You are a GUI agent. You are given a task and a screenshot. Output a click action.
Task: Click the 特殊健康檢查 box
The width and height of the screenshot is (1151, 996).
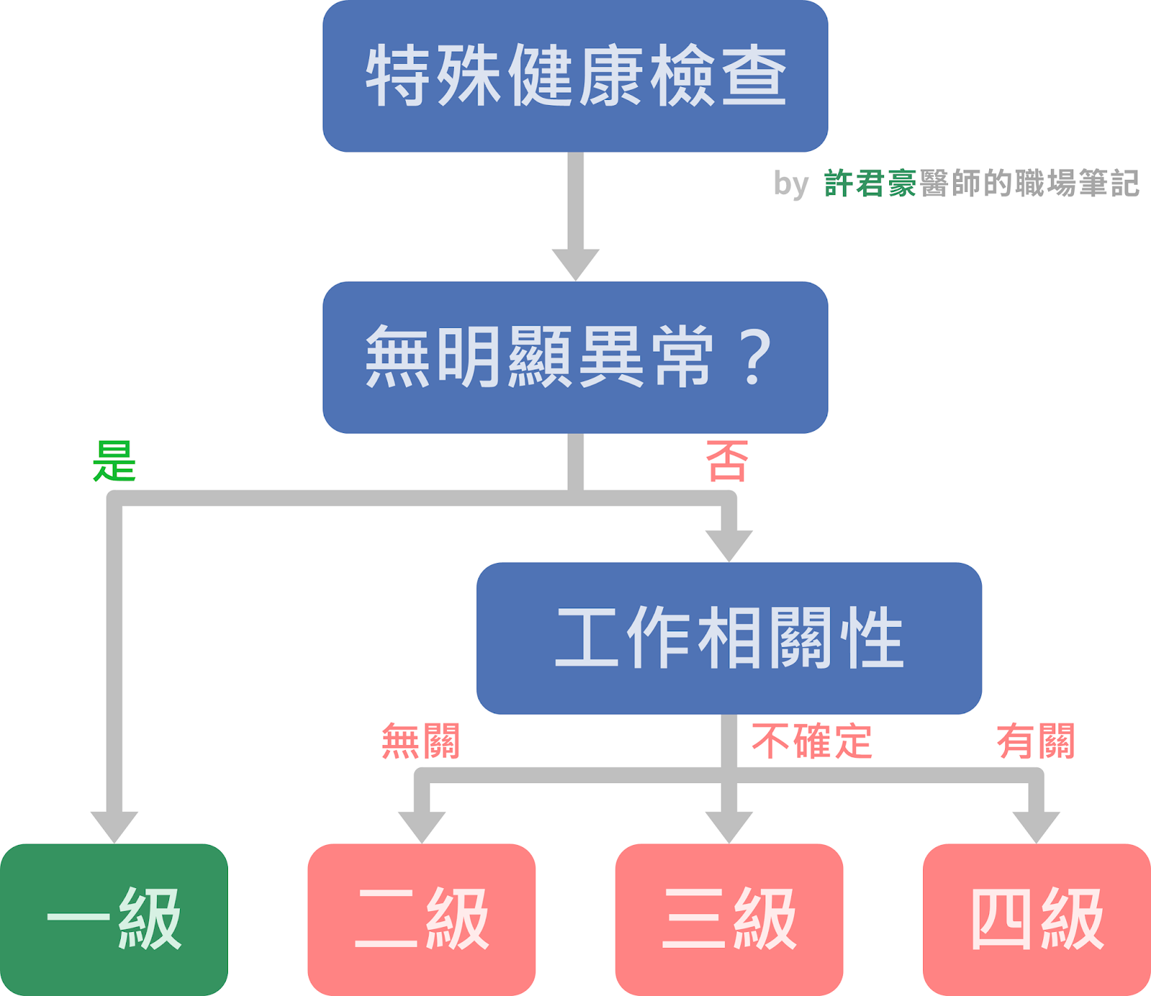[x=575, y=76]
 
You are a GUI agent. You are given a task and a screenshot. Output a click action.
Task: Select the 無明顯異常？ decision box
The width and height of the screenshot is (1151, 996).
[x=575, y=357]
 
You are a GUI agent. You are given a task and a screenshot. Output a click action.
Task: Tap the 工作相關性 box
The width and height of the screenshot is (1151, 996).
[x=729, y=638]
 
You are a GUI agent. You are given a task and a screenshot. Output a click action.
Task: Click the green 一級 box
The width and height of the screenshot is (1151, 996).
[x=114, y=919]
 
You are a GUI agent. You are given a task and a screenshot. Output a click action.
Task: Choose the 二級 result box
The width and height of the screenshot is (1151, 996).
[x=422, y=919]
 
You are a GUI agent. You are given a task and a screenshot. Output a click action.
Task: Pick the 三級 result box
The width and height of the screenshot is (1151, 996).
[x=729, y=919]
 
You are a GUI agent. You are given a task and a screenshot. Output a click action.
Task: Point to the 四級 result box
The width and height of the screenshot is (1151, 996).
[x=1037, y=919]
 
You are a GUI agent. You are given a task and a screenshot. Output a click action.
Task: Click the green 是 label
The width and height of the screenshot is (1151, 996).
[x=114, y=461]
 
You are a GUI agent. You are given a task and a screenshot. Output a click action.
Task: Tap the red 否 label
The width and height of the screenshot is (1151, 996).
[x=727, y=461]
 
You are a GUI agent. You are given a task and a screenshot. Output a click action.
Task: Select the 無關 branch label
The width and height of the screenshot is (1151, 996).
[x=421, y=741]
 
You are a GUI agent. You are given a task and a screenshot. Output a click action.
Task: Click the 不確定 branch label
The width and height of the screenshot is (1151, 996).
[x=811, y=741]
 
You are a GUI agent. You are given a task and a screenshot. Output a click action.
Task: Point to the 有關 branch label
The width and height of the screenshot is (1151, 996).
[x=1036, y=741]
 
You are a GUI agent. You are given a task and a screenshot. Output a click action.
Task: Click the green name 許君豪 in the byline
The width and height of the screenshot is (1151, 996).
[x=870, y=183]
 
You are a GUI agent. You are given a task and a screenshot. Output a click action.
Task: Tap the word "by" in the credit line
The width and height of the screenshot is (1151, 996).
[x=791, y=184]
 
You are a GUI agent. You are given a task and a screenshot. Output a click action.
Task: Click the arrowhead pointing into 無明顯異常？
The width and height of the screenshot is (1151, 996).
[x=575, y=263]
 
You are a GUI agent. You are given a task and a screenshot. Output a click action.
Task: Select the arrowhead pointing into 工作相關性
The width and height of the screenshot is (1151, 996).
[x=729, y=544]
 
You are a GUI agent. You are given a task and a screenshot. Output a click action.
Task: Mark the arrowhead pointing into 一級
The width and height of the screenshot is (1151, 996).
[x=114, y=826]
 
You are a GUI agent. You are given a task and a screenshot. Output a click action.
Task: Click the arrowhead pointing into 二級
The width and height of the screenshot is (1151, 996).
[x=422, y=826]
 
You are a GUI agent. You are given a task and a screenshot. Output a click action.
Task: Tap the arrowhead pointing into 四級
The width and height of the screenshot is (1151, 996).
[x=1036, y=826]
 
